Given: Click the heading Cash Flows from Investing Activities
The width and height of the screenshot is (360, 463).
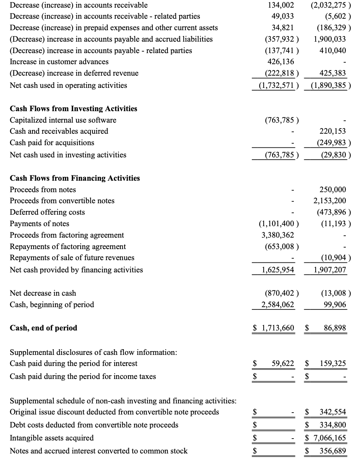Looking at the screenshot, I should pyautogui.click(x=73, y=108).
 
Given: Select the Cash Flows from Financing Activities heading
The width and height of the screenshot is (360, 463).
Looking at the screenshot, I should pyautogui.click(x=75, y=178).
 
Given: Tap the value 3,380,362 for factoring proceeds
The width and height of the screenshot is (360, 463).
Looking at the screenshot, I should pyautogui.click(x=277, y=235).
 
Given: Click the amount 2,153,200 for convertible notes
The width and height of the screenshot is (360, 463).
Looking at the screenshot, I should pyautogui.click(x=330, y=201).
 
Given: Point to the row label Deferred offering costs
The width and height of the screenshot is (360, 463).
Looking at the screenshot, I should pyautogui.click(x=47, y=212).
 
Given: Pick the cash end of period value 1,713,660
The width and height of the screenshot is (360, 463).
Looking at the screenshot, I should pyautogui.click(x=278, y=328).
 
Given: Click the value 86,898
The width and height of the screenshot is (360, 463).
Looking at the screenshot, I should pyautogui.click(x=335, y=328).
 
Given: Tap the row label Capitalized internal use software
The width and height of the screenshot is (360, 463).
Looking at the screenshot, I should pyautogui.click(x=63, y=120).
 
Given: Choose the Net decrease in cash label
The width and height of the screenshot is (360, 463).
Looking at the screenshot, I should pyautogui.click(x=43, y=293).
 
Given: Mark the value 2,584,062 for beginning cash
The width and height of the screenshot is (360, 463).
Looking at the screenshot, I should pyautogui.click(x=277, y=304).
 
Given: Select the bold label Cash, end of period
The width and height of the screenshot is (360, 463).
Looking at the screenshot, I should pyautogui.click(x=44, y=328).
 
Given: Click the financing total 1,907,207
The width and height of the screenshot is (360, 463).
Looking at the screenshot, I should pyautogui.click(x=330, y=270).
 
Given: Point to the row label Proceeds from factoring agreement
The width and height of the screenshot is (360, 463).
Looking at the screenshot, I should pyautogui.click(x=67, y=235).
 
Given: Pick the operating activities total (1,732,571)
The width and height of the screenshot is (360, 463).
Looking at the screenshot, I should pyautogui.click(x=277, y=85).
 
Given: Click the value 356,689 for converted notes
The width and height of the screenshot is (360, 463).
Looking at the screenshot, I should pyautogui.click(x=332, y=451).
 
